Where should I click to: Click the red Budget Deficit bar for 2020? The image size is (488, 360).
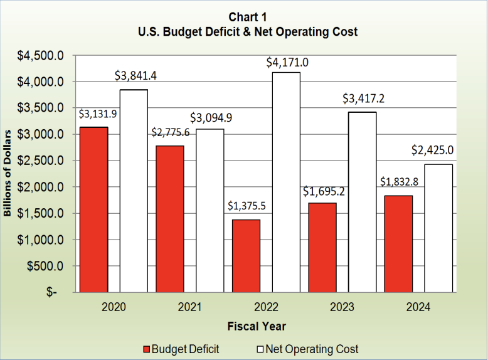point(94,209)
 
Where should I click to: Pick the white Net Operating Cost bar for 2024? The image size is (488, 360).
point(438,228)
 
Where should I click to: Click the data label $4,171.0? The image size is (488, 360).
point(287,63)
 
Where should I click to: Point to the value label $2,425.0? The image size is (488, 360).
point(433,151)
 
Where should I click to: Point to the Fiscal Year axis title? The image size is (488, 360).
point(257,326)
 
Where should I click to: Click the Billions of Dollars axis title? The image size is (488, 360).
point(9,174)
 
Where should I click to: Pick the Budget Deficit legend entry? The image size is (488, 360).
point(181,349)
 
